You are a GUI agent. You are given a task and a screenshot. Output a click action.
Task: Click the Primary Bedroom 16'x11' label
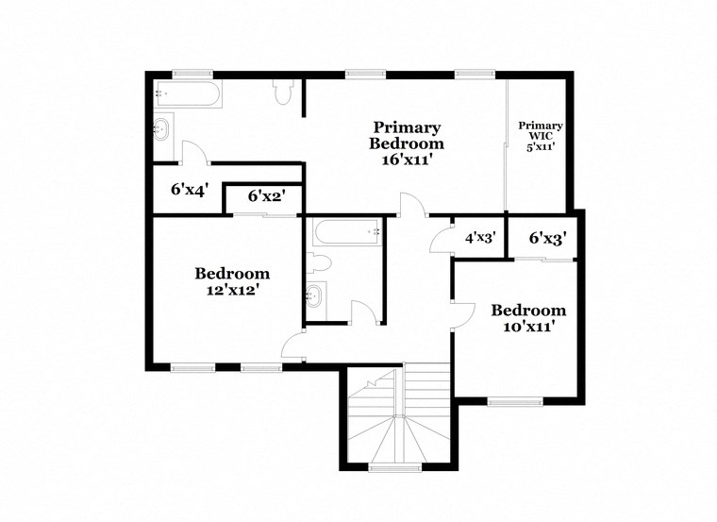click(x=406, y=143)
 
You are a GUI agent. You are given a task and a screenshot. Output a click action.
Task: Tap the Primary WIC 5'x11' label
click(x=541, y=136)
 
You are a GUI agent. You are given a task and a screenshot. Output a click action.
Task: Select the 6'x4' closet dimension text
click(x=188, y=189)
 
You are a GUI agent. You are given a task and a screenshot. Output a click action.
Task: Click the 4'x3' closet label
click(x=479, y=238)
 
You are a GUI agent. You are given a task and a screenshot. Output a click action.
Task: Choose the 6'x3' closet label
click(x=546, y=238)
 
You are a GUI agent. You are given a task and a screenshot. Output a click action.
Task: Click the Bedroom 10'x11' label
click(x=528, y=318)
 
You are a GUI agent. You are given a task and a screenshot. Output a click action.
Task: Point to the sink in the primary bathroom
click(x=162, y=127)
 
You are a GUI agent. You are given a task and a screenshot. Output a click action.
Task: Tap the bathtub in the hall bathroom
click(x=346, y=230)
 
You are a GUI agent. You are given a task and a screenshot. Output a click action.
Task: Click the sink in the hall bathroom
click(x=316, y=296)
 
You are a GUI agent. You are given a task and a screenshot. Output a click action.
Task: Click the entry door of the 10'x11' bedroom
click(x=461, y=317)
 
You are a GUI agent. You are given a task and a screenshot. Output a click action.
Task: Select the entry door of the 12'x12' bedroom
click(x=293, y=346)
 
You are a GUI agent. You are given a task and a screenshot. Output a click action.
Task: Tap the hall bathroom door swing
click(x=363, y=312)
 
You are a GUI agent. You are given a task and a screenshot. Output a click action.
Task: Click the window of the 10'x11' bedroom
click(x=514, y=402)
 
